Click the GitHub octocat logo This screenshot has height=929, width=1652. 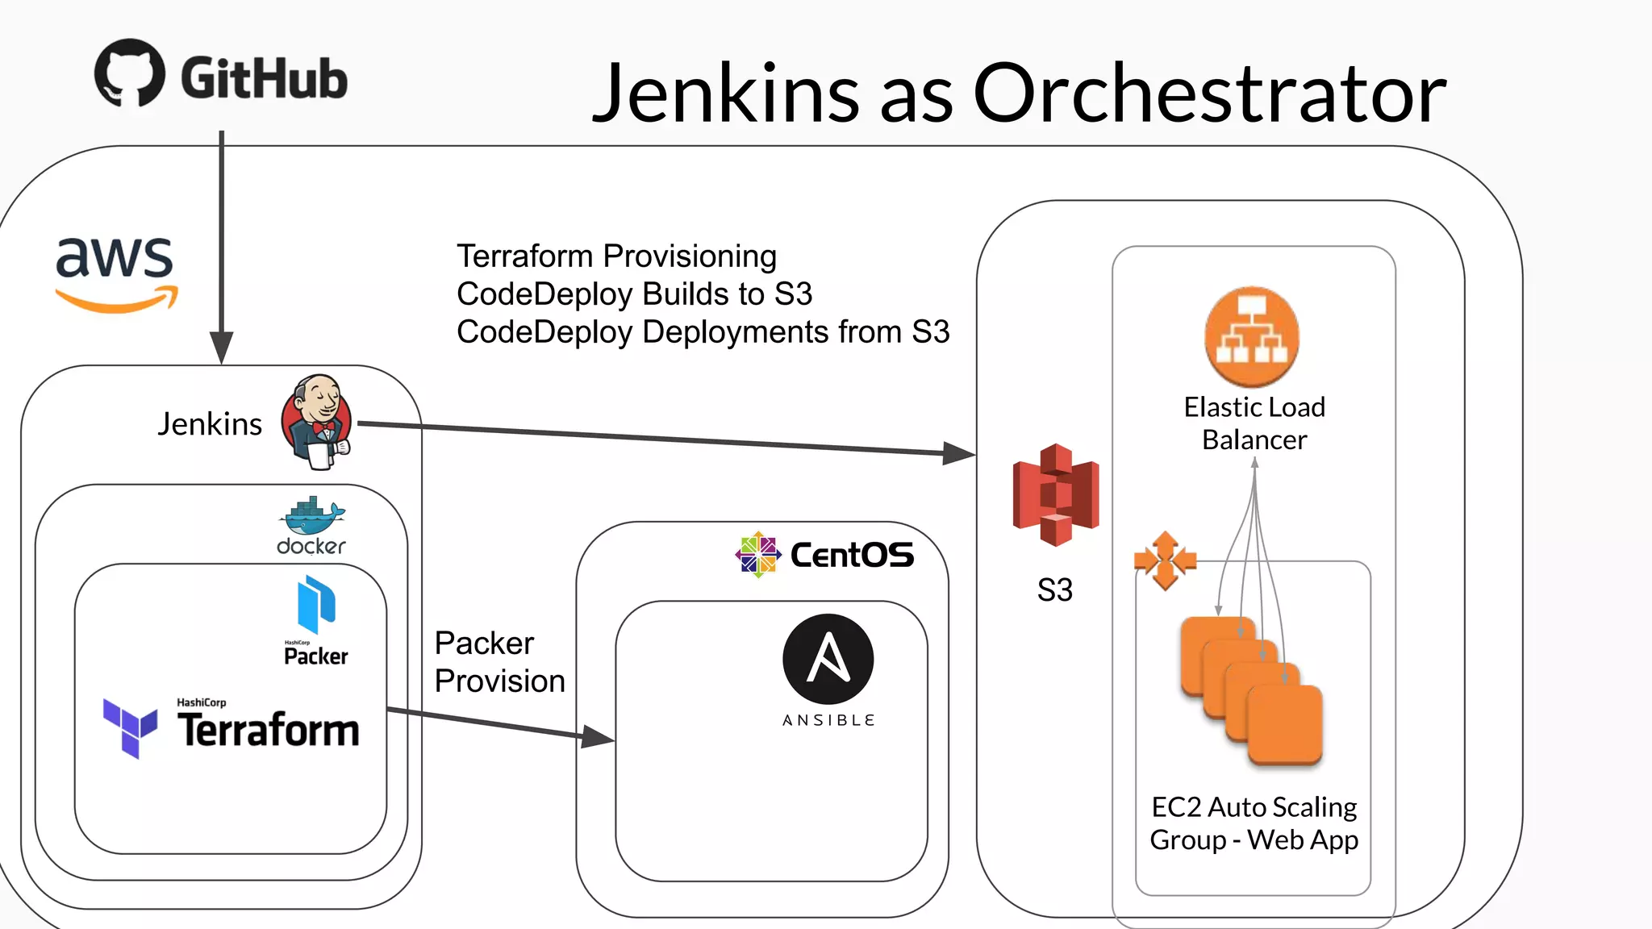(x=130, y=73)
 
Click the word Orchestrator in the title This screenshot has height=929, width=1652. (x=1209, y=94)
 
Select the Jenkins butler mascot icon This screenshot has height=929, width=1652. (x=317, y=421)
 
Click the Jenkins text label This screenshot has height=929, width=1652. (x=210, y=424)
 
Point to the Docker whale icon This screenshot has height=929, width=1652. (x=312, y=517)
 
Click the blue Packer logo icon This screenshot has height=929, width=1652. (x=316, y=604)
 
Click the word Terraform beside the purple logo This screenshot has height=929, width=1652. (x=269, y=731)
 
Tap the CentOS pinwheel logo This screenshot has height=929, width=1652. (x=757, y=555)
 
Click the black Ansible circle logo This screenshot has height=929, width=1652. (x=828, y=660)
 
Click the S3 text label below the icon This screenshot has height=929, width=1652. (x=1054, y=590)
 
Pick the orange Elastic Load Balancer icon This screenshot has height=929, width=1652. (x=1252, y=337)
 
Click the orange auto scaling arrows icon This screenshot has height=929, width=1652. (x=1165, y=560)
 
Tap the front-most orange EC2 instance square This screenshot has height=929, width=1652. (x=1284, y=723)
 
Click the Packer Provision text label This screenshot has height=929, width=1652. (x=499, y=662)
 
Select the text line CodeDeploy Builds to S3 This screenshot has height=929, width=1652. (x=634, y=294)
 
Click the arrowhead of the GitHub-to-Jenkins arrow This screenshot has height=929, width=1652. (x=221, y=348)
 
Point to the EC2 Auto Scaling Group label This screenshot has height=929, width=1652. (x=1254, y=823)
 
